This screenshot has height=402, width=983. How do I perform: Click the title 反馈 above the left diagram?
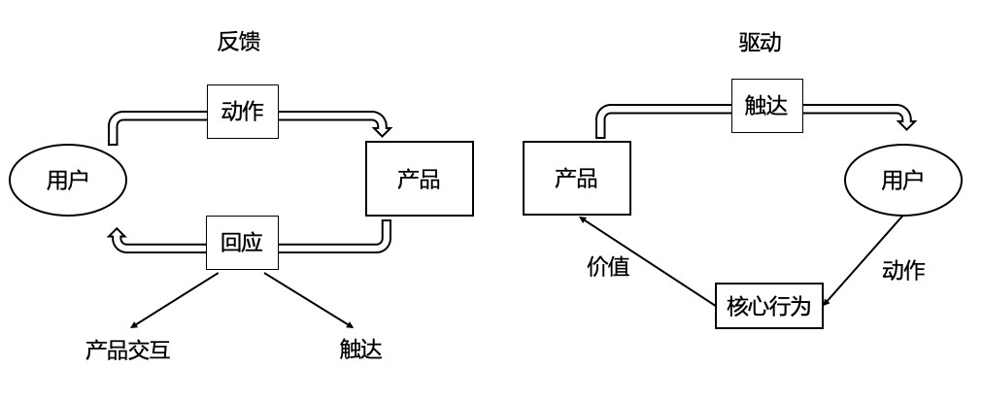pyautogui.click(x=239, y=42)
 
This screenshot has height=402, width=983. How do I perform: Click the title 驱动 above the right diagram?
pyautogui.click(x=761, y=42)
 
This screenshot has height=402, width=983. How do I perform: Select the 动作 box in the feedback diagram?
pyautogui.click(x=243, y=112)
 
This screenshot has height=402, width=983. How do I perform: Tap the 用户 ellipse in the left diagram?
pyautogui.click(x=68, y=180)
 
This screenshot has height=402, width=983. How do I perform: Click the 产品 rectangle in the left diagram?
pyautogui.click(x=419, y=179)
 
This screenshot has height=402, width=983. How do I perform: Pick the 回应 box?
pyautogui.click(x=242, y=243)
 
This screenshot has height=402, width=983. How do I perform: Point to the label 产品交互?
pyautogui.click(x=127, y=350)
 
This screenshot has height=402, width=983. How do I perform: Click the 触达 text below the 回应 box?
pyautogui.click(x=360, y=350)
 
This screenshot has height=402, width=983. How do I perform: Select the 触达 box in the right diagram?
pyautogui.click(x=765, y=105)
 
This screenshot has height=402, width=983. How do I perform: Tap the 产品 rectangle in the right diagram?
pyautogui.click(x=576, y=178)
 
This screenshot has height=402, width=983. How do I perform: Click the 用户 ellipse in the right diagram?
pyautogui.click(x=903, y=180)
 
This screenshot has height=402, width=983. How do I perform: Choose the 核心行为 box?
pyautogui.click(x=768, y=306)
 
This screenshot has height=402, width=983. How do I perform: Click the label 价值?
pyautogui.click(x=608, y=266)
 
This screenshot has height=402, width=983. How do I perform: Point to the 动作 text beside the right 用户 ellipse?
pyautogui.click(x=903, y=271)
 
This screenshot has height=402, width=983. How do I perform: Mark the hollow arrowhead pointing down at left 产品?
pyautogui.click(x=383, y=128)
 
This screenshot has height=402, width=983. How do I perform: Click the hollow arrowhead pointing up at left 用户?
pyautogui.click(x=116, y=234)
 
